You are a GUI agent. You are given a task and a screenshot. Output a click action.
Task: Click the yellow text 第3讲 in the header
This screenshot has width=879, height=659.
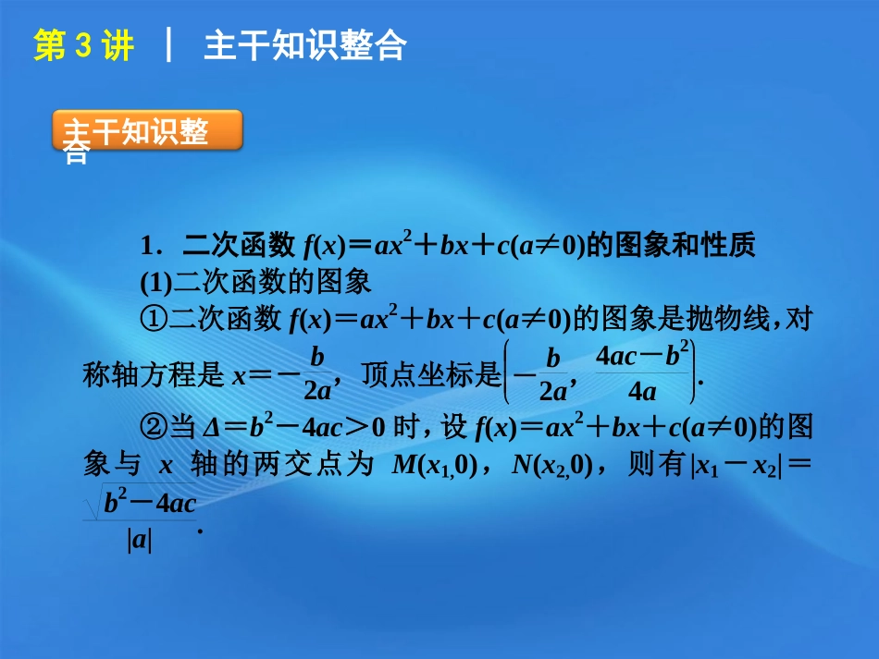coord(83,46)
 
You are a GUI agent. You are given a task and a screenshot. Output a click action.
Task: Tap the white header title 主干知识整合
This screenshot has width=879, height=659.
coord(304,46)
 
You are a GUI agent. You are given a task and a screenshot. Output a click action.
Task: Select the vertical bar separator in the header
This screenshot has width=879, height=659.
coord(168,46)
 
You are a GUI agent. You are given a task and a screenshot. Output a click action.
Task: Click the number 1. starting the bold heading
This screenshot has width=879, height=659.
coord(152,247)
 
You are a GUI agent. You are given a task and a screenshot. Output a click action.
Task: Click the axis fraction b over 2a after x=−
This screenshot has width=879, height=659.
coord(317,373)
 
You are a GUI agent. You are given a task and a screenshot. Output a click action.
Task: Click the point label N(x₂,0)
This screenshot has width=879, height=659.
coord(551,465)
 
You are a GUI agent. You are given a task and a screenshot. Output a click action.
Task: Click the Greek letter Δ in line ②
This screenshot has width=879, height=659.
coord(212,427)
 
